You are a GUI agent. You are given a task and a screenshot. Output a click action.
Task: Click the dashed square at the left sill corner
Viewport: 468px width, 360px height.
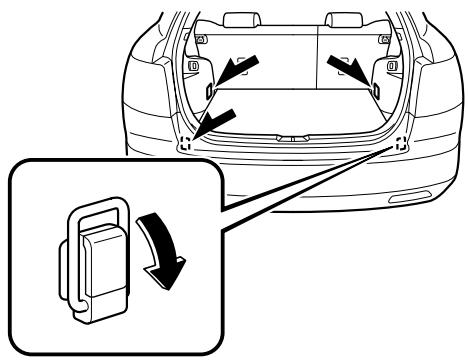coord(186,143)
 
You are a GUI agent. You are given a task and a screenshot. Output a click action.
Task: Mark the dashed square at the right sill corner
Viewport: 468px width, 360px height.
coord(400,142)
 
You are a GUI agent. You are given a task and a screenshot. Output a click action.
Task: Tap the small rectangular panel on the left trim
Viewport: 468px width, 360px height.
coord(193,67)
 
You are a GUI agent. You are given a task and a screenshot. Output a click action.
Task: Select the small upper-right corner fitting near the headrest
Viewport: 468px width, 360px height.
coord(385,37)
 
